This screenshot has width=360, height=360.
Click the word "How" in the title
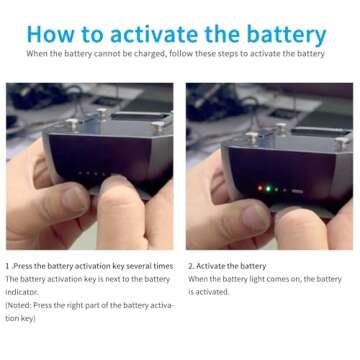pos(49,34)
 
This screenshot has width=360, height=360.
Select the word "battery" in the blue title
pos(287,35)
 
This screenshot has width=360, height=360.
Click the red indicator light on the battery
pos(260,188)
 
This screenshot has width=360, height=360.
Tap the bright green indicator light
pos(268,189)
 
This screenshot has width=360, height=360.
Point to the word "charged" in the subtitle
pos(149,54)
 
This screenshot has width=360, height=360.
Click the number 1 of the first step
pos(7,266)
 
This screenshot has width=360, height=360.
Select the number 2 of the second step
pos(191,266)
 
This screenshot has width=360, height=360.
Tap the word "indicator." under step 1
pos(22,292)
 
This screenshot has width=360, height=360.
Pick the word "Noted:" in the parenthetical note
pos(19,305)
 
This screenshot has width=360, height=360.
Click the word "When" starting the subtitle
pos(37,54)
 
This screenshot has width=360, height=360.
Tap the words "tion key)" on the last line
pos(20,319)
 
